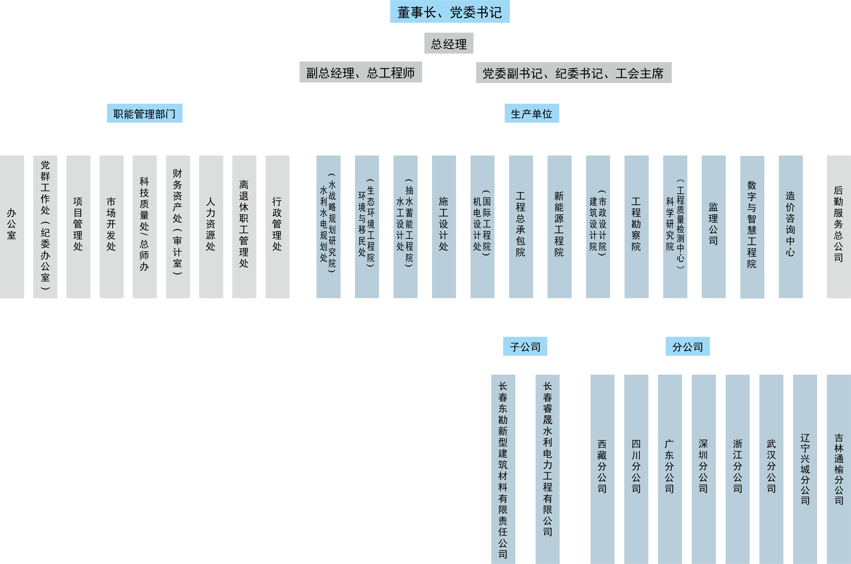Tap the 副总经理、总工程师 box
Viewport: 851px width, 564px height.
coord(361,72)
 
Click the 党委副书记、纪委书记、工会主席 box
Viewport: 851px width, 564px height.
coord(573,73)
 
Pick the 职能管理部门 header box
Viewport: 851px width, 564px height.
coord(145,114)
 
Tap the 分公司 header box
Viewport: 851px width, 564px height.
coord(688,346)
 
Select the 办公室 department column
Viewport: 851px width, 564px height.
coord(12,227)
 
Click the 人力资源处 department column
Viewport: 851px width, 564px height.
coord(211,227)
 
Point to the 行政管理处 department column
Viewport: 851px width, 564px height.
coord(277,227)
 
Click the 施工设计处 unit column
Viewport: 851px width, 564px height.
coord(444,227)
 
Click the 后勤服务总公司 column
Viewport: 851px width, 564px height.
coord(838,227)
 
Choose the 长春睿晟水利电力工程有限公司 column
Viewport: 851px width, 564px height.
coord(547,464)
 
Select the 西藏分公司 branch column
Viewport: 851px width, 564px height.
coord(602,468)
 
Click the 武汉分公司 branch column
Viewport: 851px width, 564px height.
coord(771,468)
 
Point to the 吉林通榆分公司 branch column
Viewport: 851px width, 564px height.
coord(838,468)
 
